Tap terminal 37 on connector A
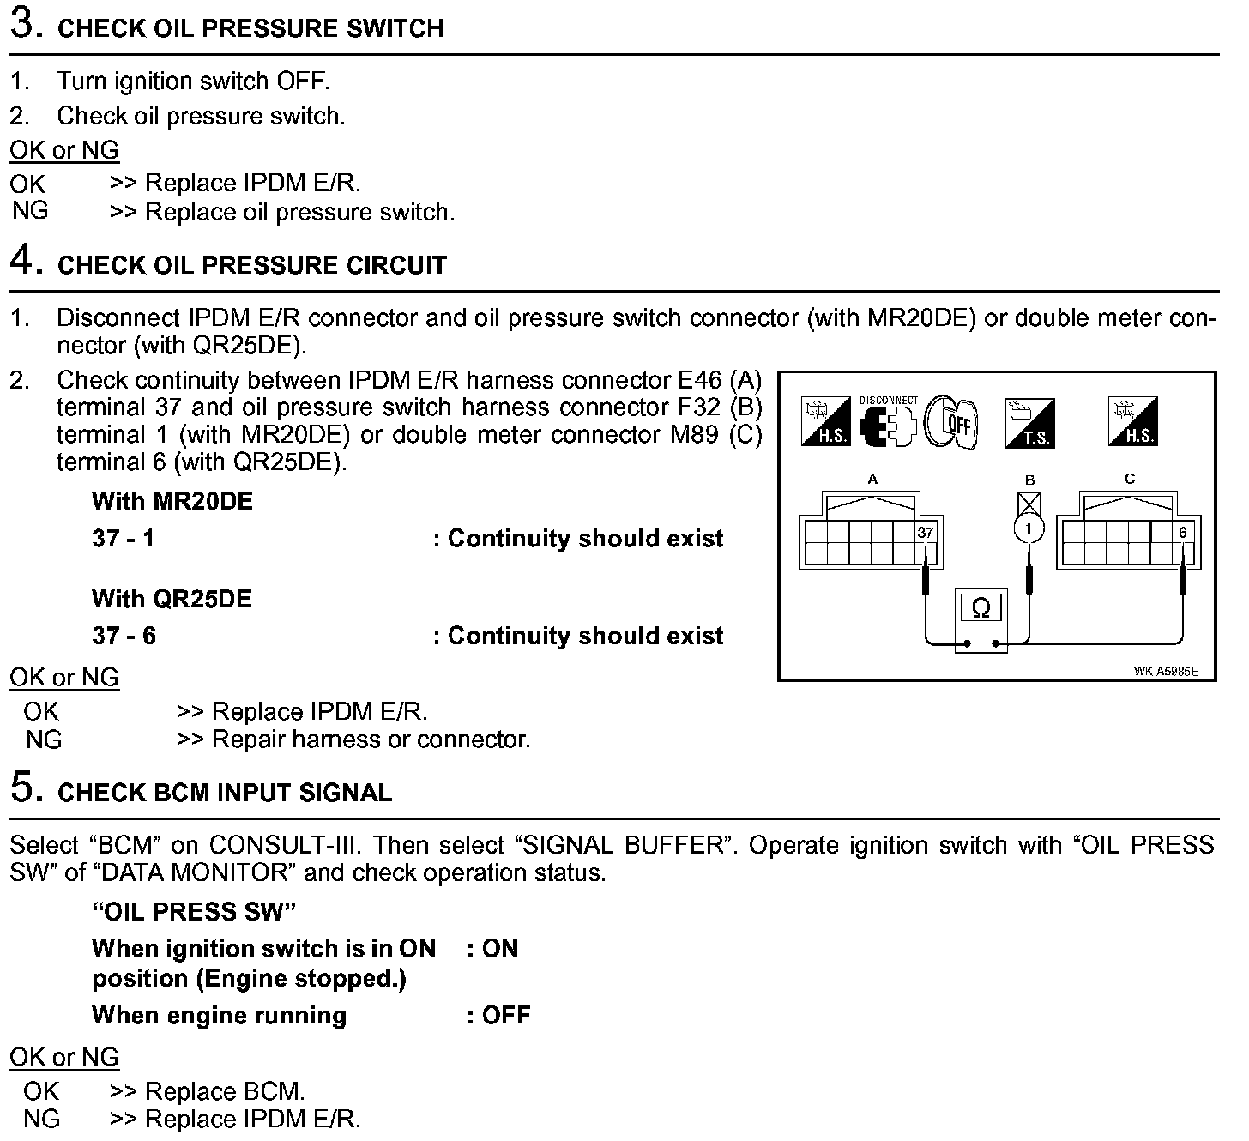click(925, 533)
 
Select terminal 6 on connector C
click(1183, 533)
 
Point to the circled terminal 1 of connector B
click(1029, 527)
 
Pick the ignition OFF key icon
click(952, 422)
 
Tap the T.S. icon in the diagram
click(1029, 423)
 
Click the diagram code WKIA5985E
click(1166, 672)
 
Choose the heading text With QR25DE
click(172, 598)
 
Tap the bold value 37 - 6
click(124, 636)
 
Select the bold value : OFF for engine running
click(499, 1015)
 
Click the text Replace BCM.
click(225, 1091)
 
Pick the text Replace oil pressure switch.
click(299, 212)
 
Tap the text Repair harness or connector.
click(371, 739)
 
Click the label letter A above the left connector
click(872, 479)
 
